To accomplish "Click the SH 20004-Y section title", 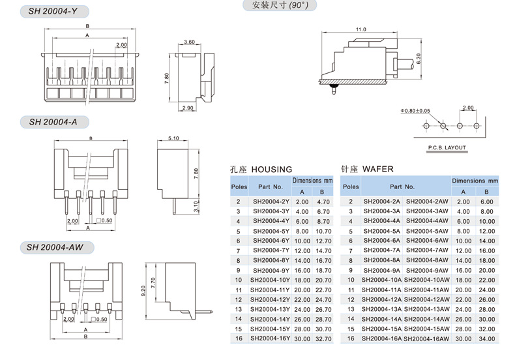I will coord(53,12).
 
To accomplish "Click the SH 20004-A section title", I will coord(53,122).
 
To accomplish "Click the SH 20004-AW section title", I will coord(56,247).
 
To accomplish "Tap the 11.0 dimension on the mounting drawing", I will coord(360,30).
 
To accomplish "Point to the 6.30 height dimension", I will coord(419,59).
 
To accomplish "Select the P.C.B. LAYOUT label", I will coord(447,147).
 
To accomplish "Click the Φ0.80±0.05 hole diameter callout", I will coord(415,110).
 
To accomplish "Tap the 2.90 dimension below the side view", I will coord(188,108).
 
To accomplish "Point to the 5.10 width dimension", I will coord(173,139).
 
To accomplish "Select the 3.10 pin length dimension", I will coord(196,206).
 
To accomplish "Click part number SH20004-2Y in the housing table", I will coord(269,202).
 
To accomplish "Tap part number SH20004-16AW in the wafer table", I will coord(426,338).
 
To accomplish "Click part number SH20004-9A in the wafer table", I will coord(381,270).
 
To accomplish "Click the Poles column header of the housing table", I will coord(239,187).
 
